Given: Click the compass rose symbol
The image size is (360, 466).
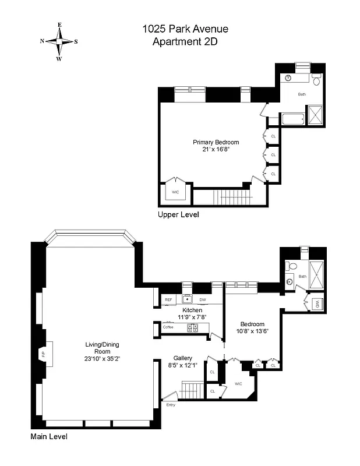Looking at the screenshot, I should [59, 41].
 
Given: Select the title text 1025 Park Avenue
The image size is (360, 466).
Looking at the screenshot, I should [185, 29].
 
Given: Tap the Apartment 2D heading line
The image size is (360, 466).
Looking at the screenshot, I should [185, 41].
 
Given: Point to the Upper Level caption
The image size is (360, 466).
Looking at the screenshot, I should [178, 214].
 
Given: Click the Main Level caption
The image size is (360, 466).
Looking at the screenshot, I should [49, 436].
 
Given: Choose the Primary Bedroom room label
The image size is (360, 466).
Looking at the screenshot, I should [216, 142].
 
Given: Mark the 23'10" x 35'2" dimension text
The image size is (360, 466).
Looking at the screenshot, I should [102, 359].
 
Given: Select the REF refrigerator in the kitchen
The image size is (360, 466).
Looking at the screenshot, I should [168, 300].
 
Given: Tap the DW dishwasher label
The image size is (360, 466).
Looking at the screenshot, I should [202, 300].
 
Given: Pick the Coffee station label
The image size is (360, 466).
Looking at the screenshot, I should [168, 327].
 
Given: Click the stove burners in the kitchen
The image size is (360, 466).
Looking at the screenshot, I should [193, 327].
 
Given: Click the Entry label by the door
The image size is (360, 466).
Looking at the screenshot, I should [171, 404].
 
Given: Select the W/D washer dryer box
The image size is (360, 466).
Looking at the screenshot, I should [317, 303].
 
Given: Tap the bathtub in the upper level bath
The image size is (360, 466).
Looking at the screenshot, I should [292, 120].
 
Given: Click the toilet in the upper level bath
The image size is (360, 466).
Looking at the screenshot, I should [316, 79].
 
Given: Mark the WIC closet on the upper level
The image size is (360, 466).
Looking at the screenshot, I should [175, 190].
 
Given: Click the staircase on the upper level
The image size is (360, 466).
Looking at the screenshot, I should [230, 197].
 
